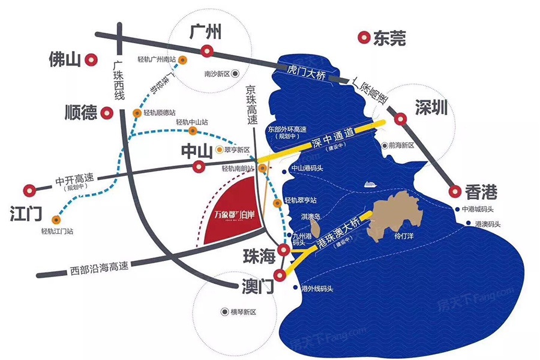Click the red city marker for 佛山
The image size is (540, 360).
[91, 59]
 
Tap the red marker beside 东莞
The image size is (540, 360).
[363, 38]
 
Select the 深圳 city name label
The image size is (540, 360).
[431, 109]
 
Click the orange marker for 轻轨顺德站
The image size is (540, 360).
[137, 112]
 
